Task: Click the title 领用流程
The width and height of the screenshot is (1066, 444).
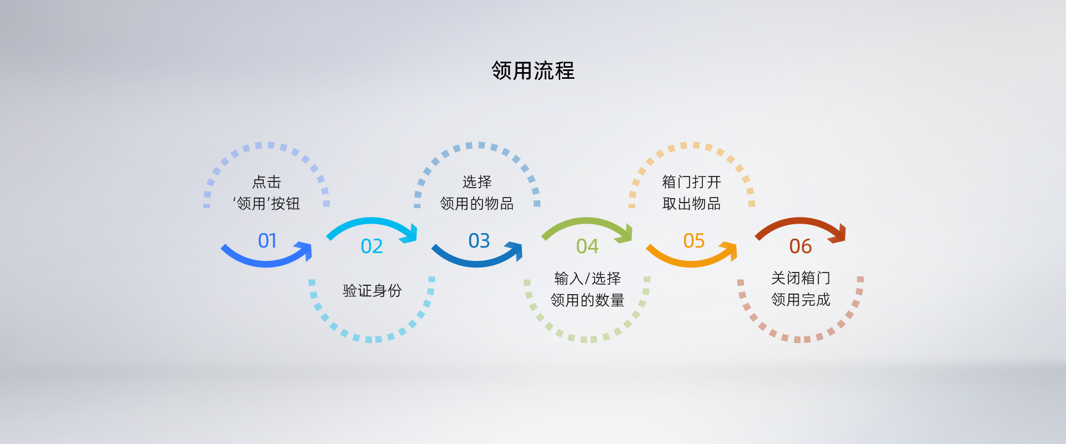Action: click(x=533, y=71)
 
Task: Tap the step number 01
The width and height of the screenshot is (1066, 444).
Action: click(x=267, y=241)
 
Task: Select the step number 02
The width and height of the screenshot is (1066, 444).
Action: click(x=371, y=246)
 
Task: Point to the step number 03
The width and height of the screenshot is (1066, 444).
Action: click(x=479, y=241)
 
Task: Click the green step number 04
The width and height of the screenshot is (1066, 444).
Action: click(x=587, y=246)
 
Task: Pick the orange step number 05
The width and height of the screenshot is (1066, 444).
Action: click(x=694, y=241)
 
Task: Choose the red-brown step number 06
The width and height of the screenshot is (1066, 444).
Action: click(x=801, y=246)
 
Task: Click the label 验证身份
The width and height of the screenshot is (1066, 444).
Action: click(x=372, y=291)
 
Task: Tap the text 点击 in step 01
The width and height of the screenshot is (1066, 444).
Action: click(x=266, y=182)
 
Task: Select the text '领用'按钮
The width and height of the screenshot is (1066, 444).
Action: click(x=266, y=204)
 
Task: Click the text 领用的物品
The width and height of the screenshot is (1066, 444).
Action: click(x=477, y=204)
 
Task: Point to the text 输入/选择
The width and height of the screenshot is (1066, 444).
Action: click(x=587, y=279)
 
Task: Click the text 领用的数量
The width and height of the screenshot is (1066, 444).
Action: click(x=587, y=300)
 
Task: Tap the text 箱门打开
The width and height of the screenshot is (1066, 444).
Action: click(x=692, y=182)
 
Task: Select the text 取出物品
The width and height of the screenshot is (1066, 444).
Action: click(x=692, y=204)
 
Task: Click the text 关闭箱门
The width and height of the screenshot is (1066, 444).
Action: click(x=801, y=278)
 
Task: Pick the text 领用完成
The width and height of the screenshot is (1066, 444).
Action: click(x=801, y=300)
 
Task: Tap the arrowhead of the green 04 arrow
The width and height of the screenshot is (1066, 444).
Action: click(x=626, y=234)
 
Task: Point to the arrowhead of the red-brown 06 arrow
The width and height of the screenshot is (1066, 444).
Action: click(x=839, y=234)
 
